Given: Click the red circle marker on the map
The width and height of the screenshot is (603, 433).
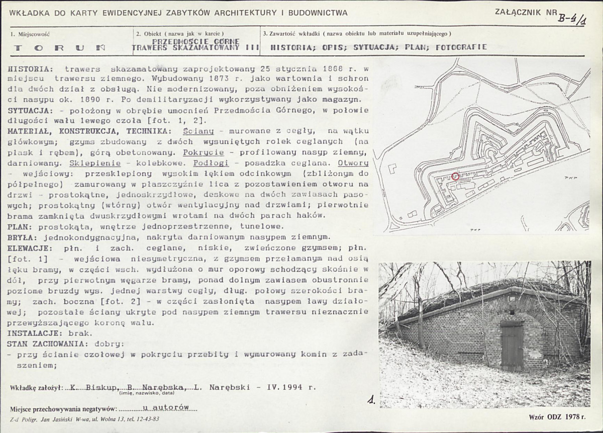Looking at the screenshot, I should tap(455, 177).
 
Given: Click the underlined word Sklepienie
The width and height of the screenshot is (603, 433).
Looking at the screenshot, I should tap(98, 163).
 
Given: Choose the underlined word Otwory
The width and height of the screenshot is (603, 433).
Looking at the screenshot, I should tap(353, 163).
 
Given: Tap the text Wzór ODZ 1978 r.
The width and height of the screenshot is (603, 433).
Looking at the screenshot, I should tap(557, 416).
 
